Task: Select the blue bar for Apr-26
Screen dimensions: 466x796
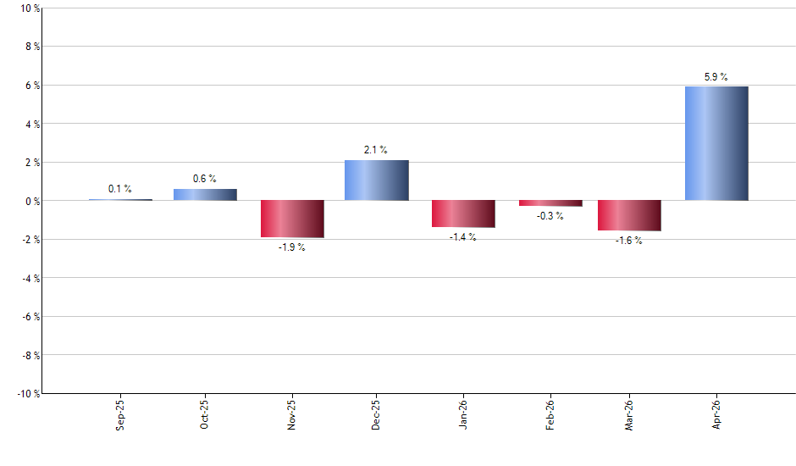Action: coord(716,143)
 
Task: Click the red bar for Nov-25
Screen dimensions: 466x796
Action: coord(291,219)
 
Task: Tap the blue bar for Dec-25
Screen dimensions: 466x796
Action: coord(377,180)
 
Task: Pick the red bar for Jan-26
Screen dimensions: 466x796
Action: coord(463,214)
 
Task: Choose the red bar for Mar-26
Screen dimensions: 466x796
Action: coord(629,215)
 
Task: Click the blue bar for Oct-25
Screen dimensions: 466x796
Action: coord(206,195)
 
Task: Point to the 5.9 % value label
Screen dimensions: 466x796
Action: coord(716,77)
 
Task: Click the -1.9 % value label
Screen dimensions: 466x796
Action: coord(291,247)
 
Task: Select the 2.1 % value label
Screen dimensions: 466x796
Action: coord(376,150)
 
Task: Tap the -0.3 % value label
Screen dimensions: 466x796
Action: coord(550,216)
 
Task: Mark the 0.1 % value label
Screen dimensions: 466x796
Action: coord(120,189)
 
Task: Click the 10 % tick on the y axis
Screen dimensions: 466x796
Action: coord(30,8)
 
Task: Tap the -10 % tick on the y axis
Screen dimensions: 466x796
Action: coord(28,393)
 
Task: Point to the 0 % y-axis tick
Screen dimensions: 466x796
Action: coord(32,201)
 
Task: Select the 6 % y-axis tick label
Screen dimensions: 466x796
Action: coord(32,86)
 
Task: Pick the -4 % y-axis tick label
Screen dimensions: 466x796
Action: coord(30,278)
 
